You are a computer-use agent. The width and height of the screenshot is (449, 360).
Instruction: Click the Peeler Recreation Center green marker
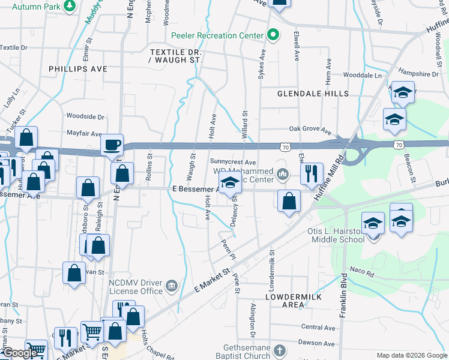pyautogui.click(x=273, y=35)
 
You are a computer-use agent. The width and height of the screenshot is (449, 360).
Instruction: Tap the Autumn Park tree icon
pyautogui.click(x=70, y=5)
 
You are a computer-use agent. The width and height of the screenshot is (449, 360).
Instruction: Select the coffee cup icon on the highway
pyautogui.click(x=112, y=145)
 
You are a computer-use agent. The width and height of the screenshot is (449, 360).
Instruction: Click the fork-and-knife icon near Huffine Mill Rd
pyautogui.click(x=311, y=174)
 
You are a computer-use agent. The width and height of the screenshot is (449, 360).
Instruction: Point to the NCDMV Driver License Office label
pyautogui.click(x=136, y=286)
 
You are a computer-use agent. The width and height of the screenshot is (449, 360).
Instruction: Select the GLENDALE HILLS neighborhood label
pyautogui.click(x=313, y=94)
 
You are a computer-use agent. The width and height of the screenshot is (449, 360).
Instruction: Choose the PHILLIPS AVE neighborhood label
pyautogui.click(x=78, y=69)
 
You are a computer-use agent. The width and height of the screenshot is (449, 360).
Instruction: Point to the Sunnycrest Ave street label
pyautogui.click(x=233, y=162)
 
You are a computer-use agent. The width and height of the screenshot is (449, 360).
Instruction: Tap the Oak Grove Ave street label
pyautogui.click(x=310, y=129)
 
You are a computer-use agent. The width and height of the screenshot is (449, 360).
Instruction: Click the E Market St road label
pyautogui.click(x=213, y=281)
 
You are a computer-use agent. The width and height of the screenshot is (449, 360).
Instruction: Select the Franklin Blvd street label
pyautogui.click(x=343, y=295)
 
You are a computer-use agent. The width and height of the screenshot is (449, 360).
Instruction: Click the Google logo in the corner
pyautogui.click(x=20, y=353)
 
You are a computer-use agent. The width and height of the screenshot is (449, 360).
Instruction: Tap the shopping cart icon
pyautogui.click(x=92, y=331)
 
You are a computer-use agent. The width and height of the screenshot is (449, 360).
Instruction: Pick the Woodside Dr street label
pyautogui.click(x=85, y=116)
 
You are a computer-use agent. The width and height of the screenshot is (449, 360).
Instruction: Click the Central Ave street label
pyautogui.click(x=318, y=328)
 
